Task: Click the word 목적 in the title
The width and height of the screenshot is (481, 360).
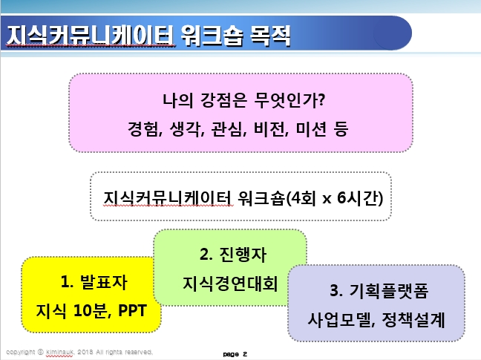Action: click(270, 36)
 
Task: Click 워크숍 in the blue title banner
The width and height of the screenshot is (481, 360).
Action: click(212, 36)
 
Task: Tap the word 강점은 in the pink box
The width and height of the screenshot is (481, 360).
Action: click(223, 100)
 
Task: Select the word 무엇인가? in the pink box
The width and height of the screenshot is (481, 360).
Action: click(289, 100)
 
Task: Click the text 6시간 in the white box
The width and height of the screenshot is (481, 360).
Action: click(358, 197)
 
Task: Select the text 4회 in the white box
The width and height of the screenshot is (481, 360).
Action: click(304, 197)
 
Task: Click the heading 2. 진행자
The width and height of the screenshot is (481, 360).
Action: click(233, 255)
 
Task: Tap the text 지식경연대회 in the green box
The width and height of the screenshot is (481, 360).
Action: click(230, 284)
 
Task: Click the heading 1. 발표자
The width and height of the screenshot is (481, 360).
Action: click(94, 282)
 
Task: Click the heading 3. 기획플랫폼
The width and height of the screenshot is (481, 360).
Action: click(379, 290)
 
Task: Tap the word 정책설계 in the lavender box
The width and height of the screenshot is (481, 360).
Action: click(413, 320)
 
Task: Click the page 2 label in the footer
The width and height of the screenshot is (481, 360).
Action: click(235, 354)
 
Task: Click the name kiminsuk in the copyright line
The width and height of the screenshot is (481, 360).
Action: click(59, 352)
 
